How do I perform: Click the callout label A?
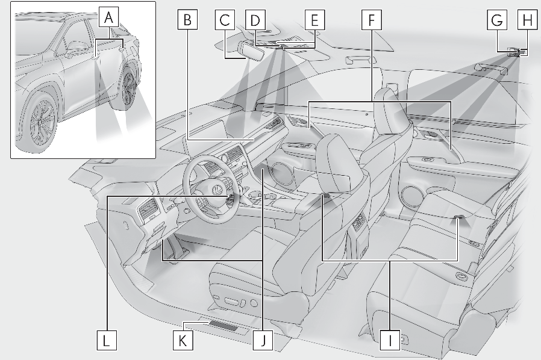tap(108, 17)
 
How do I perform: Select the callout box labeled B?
tap(187, 20)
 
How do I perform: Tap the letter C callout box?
tap(225, 20)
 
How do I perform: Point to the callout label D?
tap(255, 20)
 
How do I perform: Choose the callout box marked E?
tap(314, 20)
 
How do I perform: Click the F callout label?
tap(372, 20)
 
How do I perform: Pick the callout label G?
tap(497, 20)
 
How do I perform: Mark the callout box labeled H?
tap(528, 20)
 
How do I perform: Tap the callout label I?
tap(390, 340)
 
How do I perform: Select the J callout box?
tap(263, 340)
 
